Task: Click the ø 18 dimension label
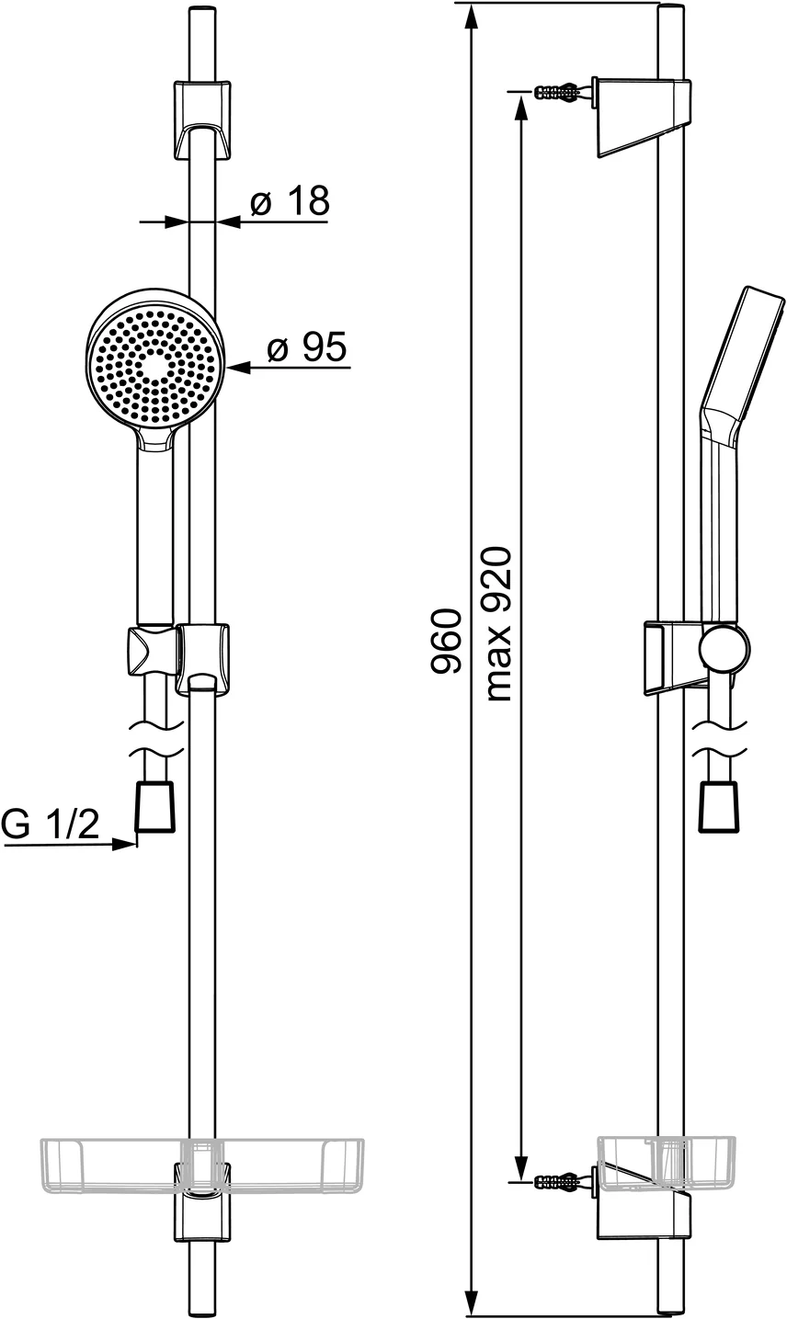point(289,201)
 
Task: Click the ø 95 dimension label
point(306,348)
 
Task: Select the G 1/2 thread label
point(50,824)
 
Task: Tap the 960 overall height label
point(447,642)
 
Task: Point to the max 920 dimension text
point(497,625)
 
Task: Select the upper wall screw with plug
point(557,91)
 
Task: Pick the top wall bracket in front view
point(201,118)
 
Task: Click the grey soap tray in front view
point(201,1165)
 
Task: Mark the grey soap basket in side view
point(667,1164)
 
